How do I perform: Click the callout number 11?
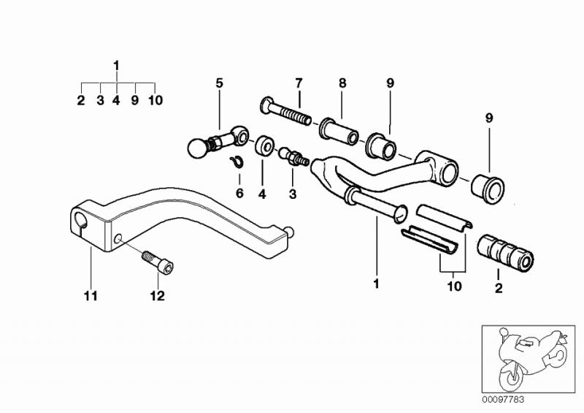pyautogui.click(x=91, y=296)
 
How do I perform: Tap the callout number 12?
pyautogui.click(x=157, y=296)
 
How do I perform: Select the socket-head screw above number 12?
pyautogui.click(x=158, y=262)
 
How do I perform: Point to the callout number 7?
pyautogui.click(x=299, y=83)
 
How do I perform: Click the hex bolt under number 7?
pyautogui.click(x=286, y=110)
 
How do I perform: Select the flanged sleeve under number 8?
pyautogui.click(x=338, y=132)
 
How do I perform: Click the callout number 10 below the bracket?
pyautogui.click(x=454, y=286)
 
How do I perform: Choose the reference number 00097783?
pyautogui.click(x=503, y=400)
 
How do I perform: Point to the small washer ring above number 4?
pyautogui.click(x=264, y=145)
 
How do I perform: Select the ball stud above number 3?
pyautogui.click(x=294, y=156)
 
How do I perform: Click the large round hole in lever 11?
pyautogui.click(x=81, y=220)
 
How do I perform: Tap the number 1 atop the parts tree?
pyautogui.click(x=117, y=66)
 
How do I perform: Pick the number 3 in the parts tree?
pyautogui.click(x=100, y=100)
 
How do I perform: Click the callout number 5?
pyautogui.click(x=220, y=83)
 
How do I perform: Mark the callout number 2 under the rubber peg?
pyautogui.click(x=499, y=288)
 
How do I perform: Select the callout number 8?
pyautogui.click(x=342, y=83)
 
